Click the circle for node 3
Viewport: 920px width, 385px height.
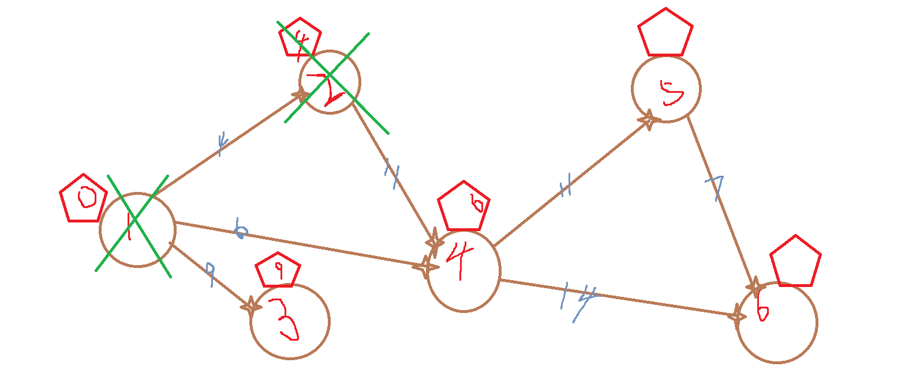click(290, 322)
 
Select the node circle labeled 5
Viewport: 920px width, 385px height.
click(666, 89)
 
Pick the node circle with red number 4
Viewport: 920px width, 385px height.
click(463, 271)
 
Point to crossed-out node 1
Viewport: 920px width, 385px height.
click(137, 229)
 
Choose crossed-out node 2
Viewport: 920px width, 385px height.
click(330, 82)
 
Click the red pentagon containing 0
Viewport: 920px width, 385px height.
click(84, 198)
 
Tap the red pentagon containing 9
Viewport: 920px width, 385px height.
click(278, 270)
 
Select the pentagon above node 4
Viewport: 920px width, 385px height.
click(463, 206)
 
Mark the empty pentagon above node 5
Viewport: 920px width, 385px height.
click(665, 33)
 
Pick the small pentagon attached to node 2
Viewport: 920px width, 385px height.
click(299, 37)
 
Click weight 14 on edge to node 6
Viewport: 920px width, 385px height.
click(578, 299)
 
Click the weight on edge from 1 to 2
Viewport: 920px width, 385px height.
click(220, 143)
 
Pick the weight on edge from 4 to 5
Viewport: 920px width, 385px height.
click(565, 186)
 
